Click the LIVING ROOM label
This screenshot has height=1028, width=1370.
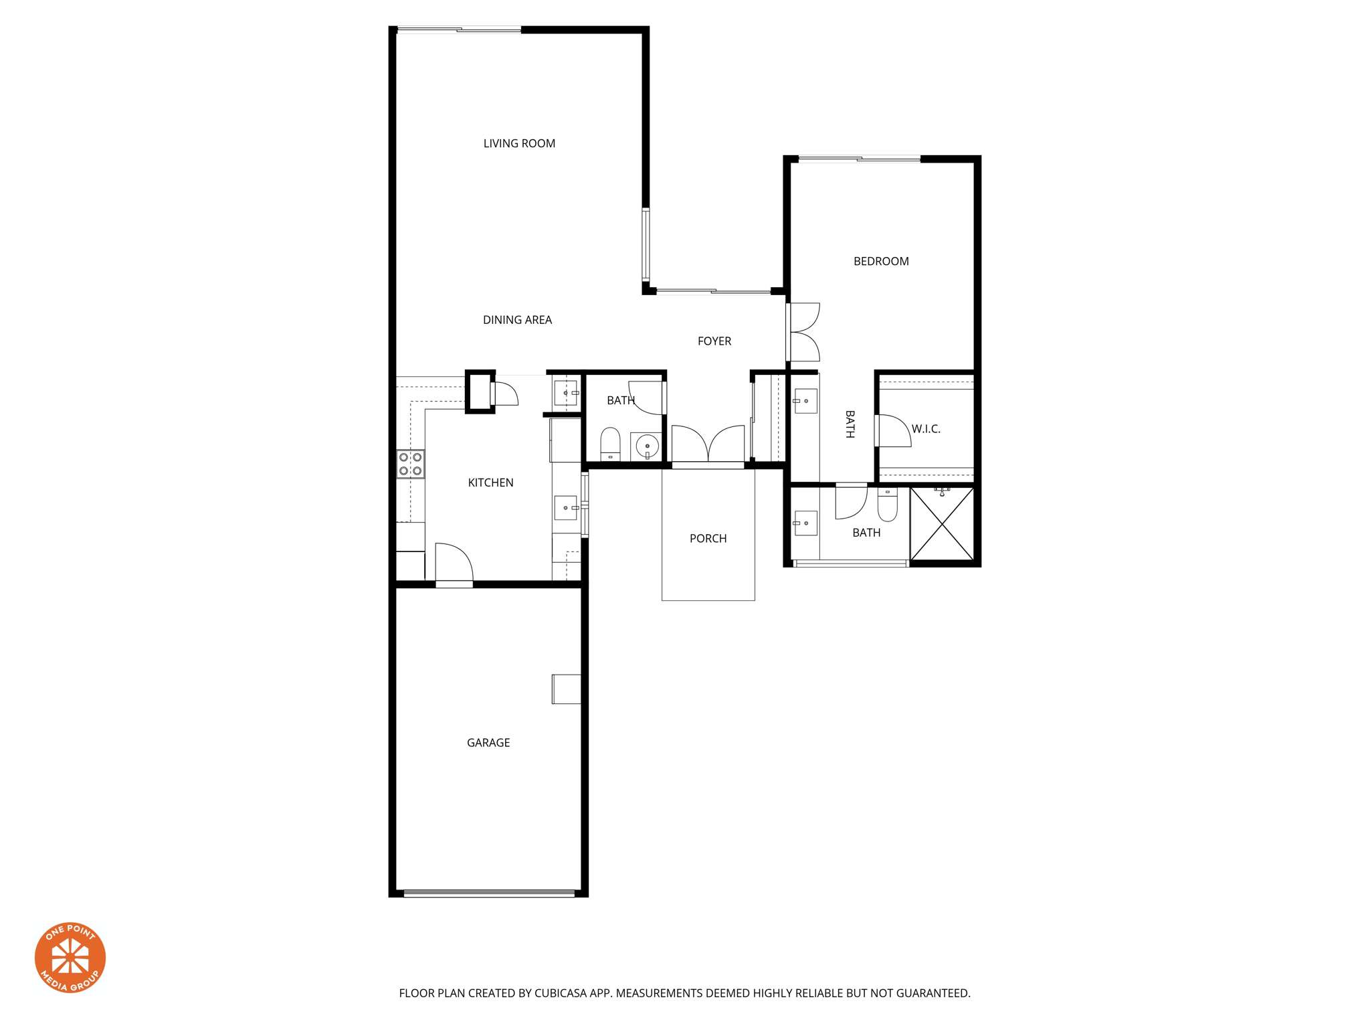coord(519,143)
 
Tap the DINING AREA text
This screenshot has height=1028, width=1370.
coord(517,320)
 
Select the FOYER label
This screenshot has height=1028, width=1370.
coord(714,341)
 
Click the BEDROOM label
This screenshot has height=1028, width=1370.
coord(880,262)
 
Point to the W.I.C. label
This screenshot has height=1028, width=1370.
coord(926,429)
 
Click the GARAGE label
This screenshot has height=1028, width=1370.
coord(488,743)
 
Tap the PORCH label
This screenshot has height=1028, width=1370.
coord(708,539)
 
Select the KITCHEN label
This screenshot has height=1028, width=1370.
coord(490,483)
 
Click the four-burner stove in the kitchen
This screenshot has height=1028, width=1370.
coord(410,464)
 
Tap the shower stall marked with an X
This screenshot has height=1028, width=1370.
coord(942,523)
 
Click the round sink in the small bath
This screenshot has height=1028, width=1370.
coord(647,446)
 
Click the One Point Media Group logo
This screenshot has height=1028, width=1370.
coord(70,957)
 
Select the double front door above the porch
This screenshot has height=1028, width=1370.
coord(708,445)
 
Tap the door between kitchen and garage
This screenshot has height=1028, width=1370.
coord(454,564)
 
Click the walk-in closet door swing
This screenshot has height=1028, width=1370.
coord(893,431)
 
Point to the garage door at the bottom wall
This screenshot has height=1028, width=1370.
coord(489,893)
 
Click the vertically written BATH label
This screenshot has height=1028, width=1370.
coord(850,424)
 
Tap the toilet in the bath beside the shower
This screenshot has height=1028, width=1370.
coord(887,505)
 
